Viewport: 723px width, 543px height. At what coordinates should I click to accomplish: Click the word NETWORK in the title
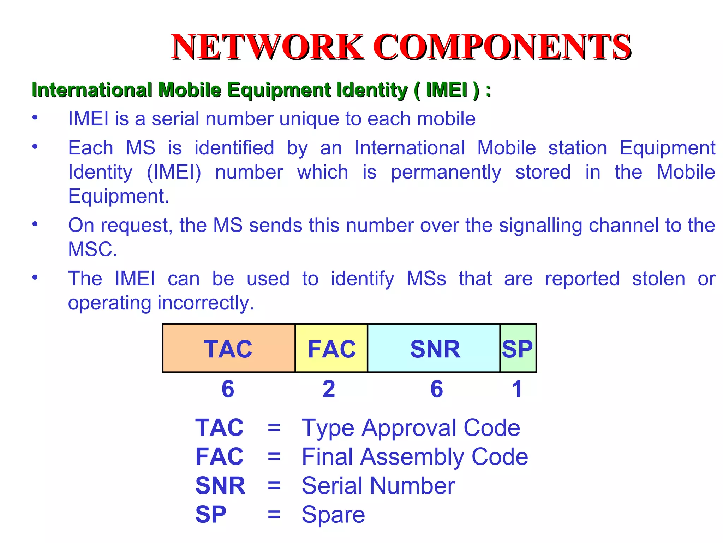[267, 47]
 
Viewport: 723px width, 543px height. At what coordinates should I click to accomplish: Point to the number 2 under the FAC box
[329, 389]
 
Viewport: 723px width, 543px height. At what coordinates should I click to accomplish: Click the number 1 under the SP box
[517, 389]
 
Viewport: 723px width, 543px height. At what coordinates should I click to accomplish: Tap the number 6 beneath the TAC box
[228, 389]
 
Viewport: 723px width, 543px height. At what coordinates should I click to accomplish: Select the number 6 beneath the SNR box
[437, 389]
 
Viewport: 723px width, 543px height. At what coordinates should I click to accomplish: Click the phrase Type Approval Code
[411, 428]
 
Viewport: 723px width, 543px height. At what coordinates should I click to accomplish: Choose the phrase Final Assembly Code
[415, 457]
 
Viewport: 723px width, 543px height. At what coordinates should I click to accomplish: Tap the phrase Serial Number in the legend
[378, 486]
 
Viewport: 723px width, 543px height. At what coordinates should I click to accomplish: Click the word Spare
[333, 515]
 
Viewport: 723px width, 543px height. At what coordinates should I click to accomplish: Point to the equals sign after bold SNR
[274, 486]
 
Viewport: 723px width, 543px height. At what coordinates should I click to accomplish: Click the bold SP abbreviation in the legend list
[211, 515]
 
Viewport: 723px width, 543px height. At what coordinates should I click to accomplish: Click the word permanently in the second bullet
[446, 173]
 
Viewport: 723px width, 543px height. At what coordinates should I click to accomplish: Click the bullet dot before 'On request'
[35, 224]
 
